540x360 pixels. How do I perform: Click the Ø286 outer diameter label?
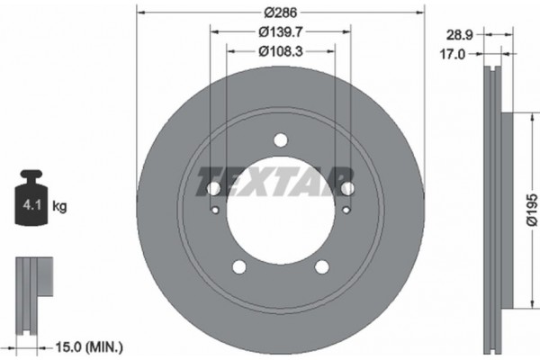280,13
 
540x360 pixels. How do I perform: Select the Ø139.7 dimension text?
280,31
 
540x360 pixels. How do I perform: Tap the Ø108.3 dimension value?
280,52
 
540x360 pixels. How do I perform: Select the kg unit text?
60,206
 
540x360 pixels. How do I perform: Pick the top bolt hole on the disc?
281,139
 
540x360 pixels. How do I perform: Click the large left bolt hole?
214,188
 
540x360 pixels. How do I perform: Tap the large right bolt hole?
347,187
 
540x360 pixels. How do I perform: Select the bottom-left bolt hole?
239,266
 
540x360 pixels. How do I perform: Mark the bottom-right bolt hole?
321,266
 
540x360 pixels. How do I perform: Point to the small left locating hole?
216,210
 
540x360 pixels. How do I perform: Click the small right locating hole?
346,210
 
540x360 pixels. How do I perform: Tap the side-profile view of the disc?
494,207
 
